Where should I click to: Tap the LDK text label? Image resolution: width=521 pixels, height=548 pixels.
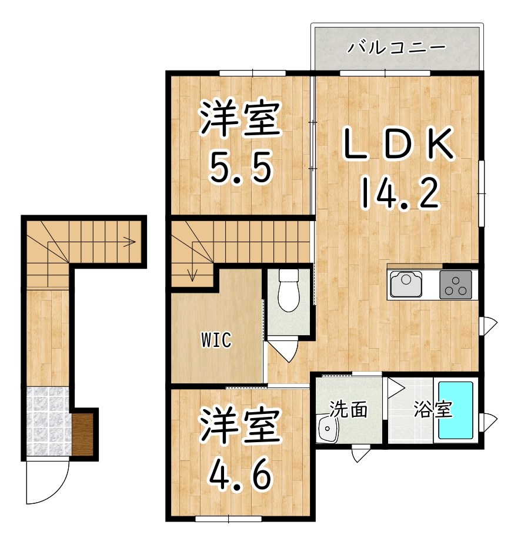click(x=399, y=145)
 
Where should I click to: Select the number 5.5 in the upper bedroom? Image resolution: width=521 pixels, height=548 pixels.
click(x=241, y=168)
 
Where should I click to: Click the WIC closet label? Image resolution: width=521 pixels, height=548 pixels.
click(x=216, y=340)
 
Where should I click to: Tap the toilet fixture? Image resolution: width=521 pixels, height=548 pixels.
click(x=288, y=290)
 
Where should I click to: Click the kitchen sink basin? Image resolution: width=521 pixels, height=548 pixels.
click(x=406, y=285)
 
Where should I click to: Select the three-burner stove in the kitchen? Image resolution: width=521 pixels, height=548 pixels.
click(x=456, y=285)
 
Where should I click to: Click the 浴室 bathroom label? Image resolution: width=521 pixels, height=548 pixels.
click(x=432, y=410)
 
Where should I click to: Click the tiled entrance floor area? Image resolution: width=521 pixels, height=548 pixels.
click(x=47, y=420)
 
